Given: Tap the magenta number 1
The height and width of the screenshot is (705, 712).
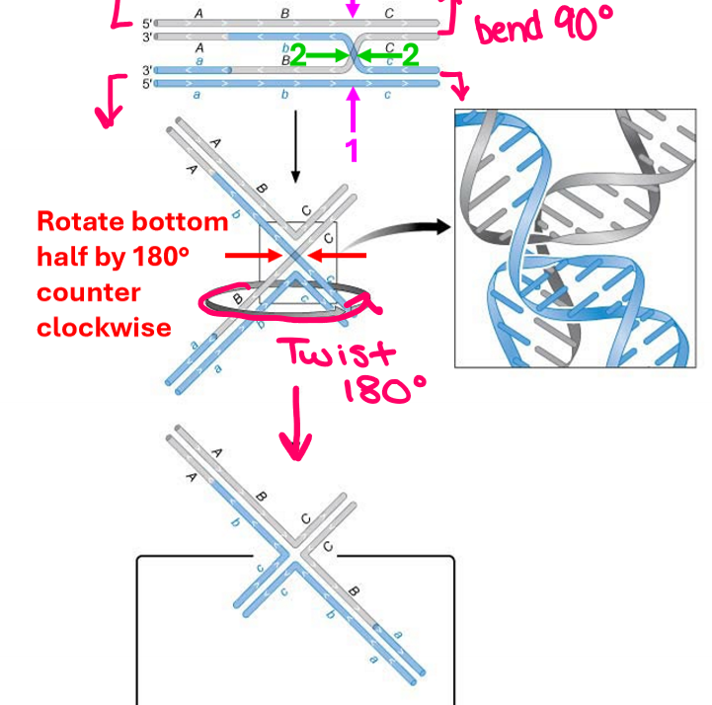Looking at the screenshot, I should pos(352,149).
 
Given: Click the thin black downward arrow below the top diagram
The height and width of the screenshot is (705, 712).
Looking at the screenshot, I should pos(293,148).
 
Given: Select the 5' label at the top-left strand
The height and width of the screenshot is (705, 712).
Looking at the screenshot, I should pos(147,23).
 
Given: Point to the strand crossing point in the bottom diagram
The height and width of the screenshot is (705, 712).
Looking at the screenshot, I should pos(297,559).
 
